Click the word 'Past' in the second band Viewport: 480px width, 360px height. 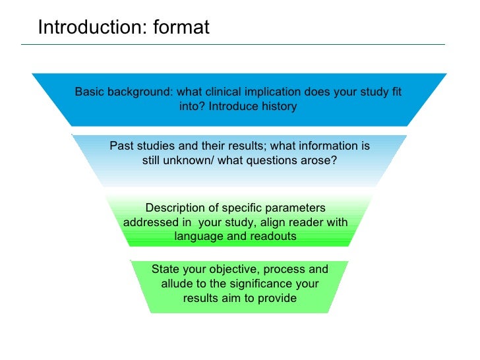(122, 146)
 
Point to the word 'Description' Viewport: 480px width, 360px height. (181, 208)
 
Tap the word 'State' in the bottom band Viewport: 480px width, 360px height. (165, 269)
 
